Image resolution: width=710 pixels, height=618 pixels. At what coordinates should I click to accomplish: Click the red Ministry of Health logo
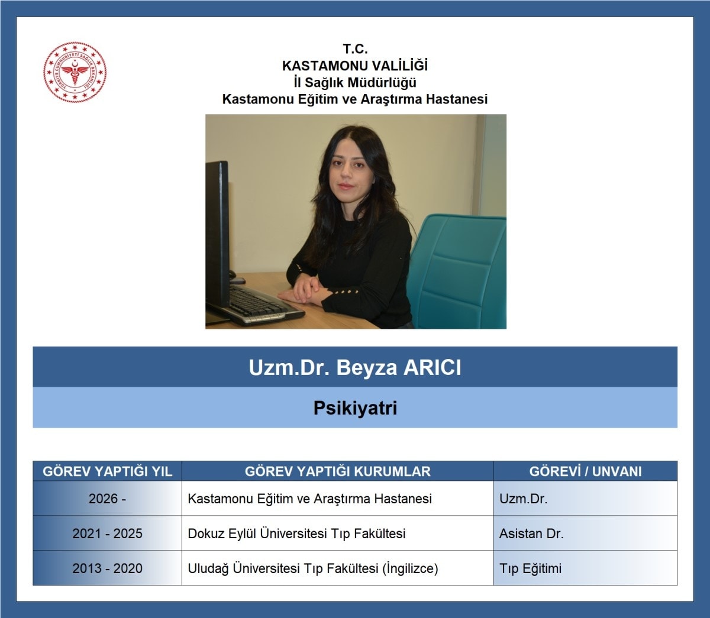[75, 72]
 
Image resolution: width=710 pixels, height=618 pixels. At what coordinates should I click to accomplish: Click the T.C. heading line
[355, 49]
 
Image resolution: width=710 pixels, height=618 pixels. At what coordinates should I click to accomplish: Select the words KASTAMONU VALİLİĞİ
[355, 66]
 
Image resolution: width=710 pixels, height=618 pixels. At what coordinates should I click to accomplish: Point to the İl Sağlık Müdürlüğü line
[355, 82]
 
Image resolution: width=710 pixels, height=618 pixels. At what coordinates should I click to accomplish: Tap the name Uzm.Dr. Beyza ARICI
[355, 367]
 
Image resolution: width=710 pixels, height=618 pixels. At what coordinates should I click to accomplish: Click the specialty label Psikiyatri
[355, 408]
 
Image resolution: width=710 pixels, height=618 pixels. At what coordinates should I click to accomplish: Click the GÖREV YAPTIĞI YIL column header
[108, 471]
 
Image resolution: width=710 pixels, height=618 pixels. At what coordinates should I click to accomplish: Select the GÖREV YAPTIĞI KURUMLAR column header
[338, 471]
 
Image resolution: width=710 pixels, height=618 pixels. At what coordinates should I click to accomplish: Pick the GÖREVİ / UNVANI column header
[585, 471]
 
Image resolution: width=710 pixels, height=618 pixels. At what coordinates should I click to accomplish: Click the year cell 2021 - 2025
[108, 533]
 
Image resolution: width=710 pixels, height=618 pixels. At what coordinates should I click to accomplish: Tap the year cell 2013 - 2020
[108, 568]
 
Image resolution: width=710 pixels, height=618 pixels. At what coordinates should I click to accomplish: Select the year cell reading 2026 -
[108, 499]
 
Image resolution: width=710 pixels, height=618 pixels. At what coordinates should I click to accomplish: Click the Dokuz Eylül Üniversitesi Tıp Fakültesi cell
[296, 533]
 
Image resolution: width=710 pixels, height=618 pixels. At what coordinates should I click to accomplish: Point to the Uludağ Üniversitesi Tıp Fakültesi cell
[313, 568]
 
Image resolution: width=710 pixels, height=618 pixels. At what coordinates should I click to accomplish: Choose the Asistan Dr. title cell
[531, 533]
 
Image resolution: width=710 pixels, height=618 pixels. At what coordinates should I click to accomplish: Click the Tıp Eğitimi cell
[530, 568]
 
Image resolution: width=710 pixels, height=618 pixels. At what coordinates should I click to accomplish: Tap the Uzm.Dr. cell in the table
[523, 499]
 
